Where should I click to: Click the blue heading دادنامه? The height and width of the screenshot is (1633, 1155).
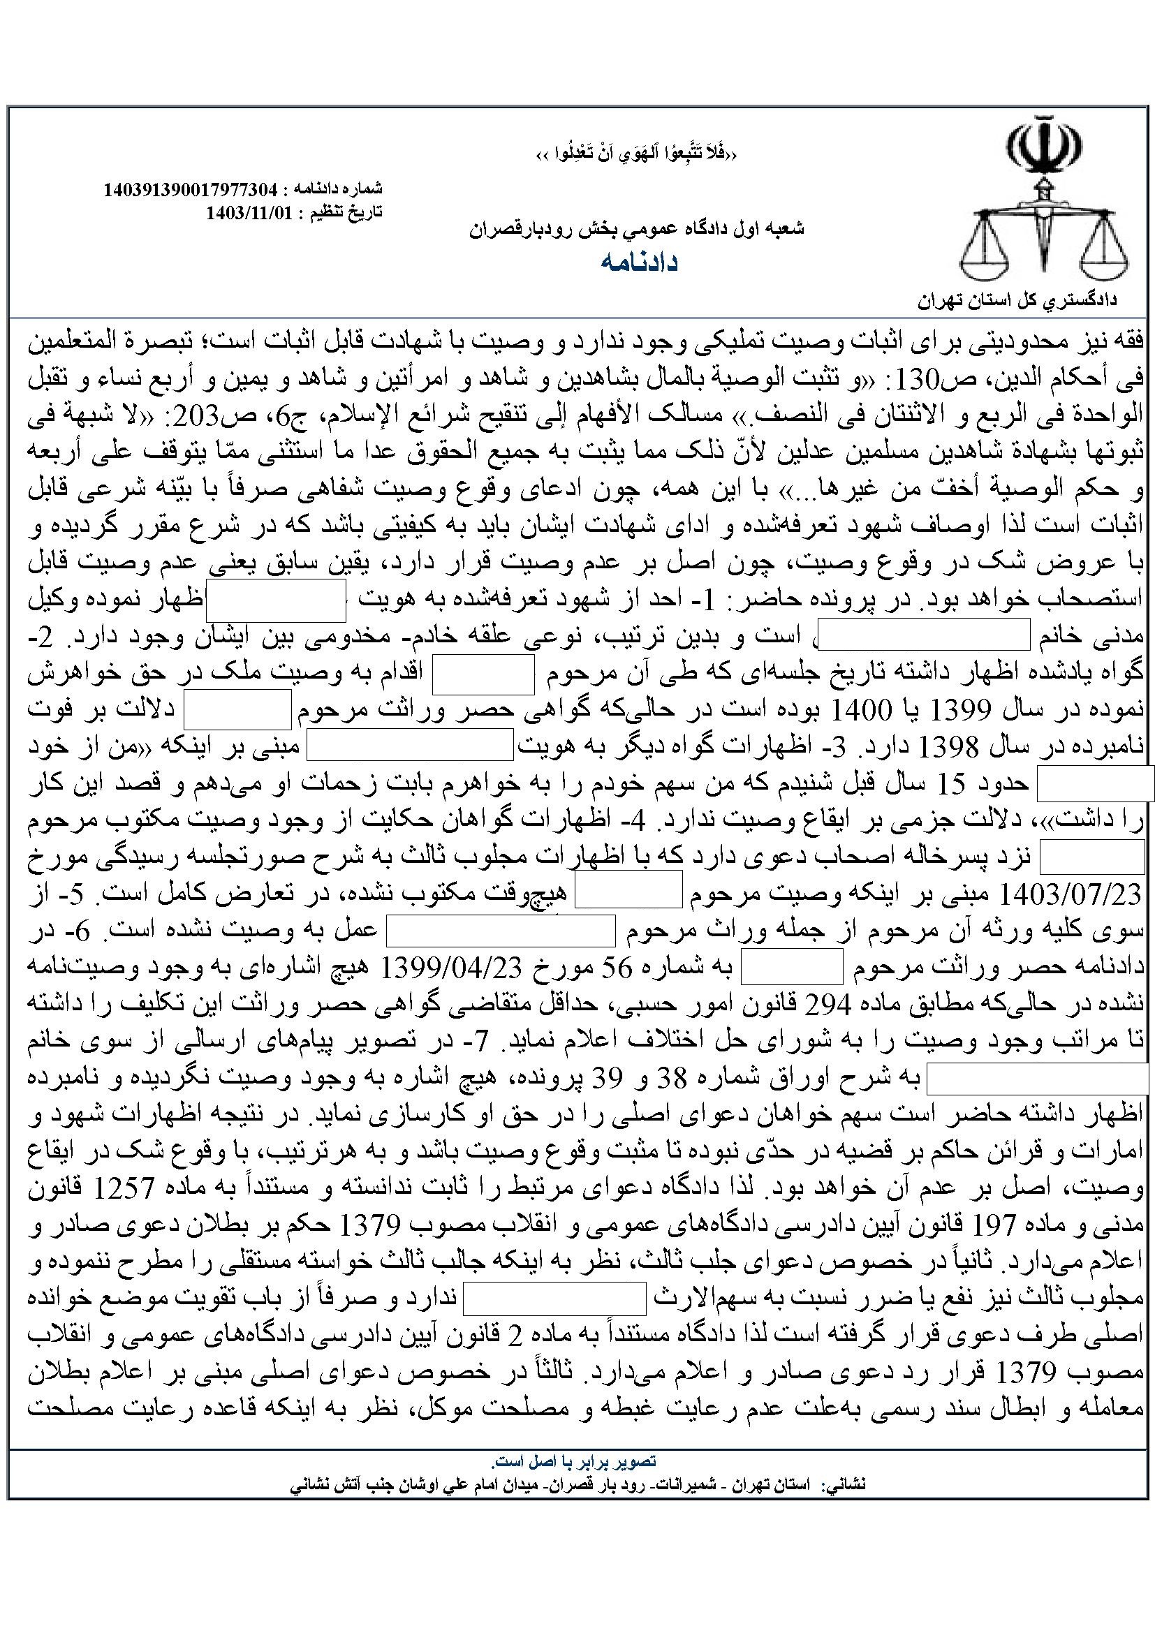[x=640, y=263]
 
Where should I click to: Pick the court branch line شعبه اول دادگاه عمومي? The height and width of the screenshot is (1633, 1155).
[x=637, y=229]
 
